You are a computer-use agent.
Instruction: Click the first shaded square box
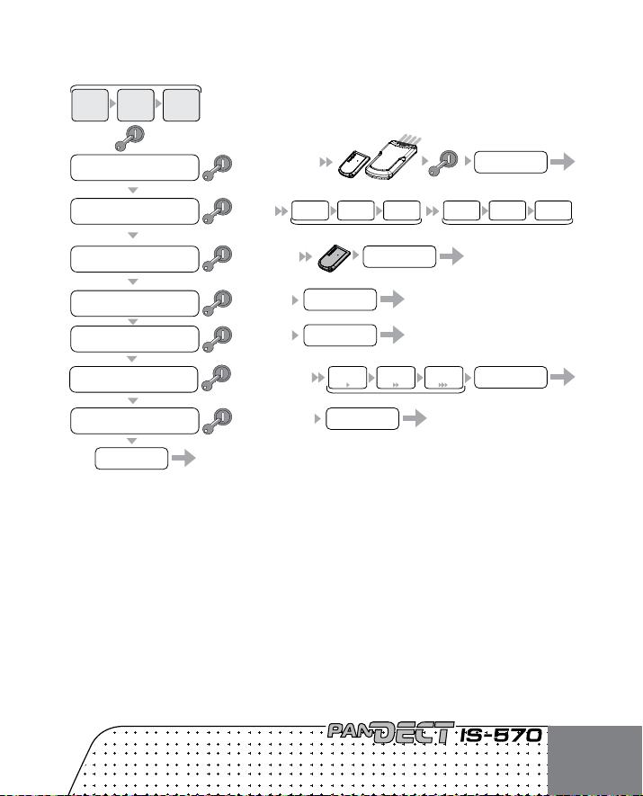(x=90, y=105)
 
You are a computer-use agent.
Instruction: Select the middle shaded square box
(x=136, y=105)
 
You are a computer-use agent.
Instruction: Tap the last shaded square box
(x=181, y=105)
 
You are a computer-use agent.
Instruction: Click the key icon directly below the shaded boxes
(x=129, y=139)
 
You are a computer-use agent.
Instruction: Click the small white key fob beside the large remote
(x=351, y=164)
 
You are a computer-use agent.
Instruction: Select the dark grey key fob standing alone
(x=335, y=258)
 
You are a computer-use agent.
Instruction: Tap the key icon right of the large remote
(x=443, y=163)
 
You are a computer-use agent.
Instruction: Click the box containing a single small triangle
(x=348, y=378)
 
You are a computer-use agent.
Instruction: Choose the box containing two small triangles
(x=396, y=378)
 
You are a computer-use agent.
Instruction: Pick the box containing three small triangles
(x=443, y=378)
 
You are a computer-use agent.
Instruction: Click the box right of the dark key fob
(x=399, y=257)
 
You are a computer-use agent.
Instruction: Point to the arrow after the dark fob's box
(x=451, y=256)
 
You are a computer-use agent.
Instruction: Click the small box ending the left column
(x=131, y=459)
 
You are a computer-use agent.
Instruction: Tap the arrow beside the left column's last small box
(x=183, y=459)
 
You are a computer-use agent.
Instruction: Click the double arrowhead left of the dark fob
(x=305, y=257)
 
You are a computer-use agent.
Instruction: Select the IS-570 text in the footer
(x=501, y=736)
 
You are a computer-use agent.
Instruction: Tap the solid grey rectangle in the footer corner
(x=595, y=761)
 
